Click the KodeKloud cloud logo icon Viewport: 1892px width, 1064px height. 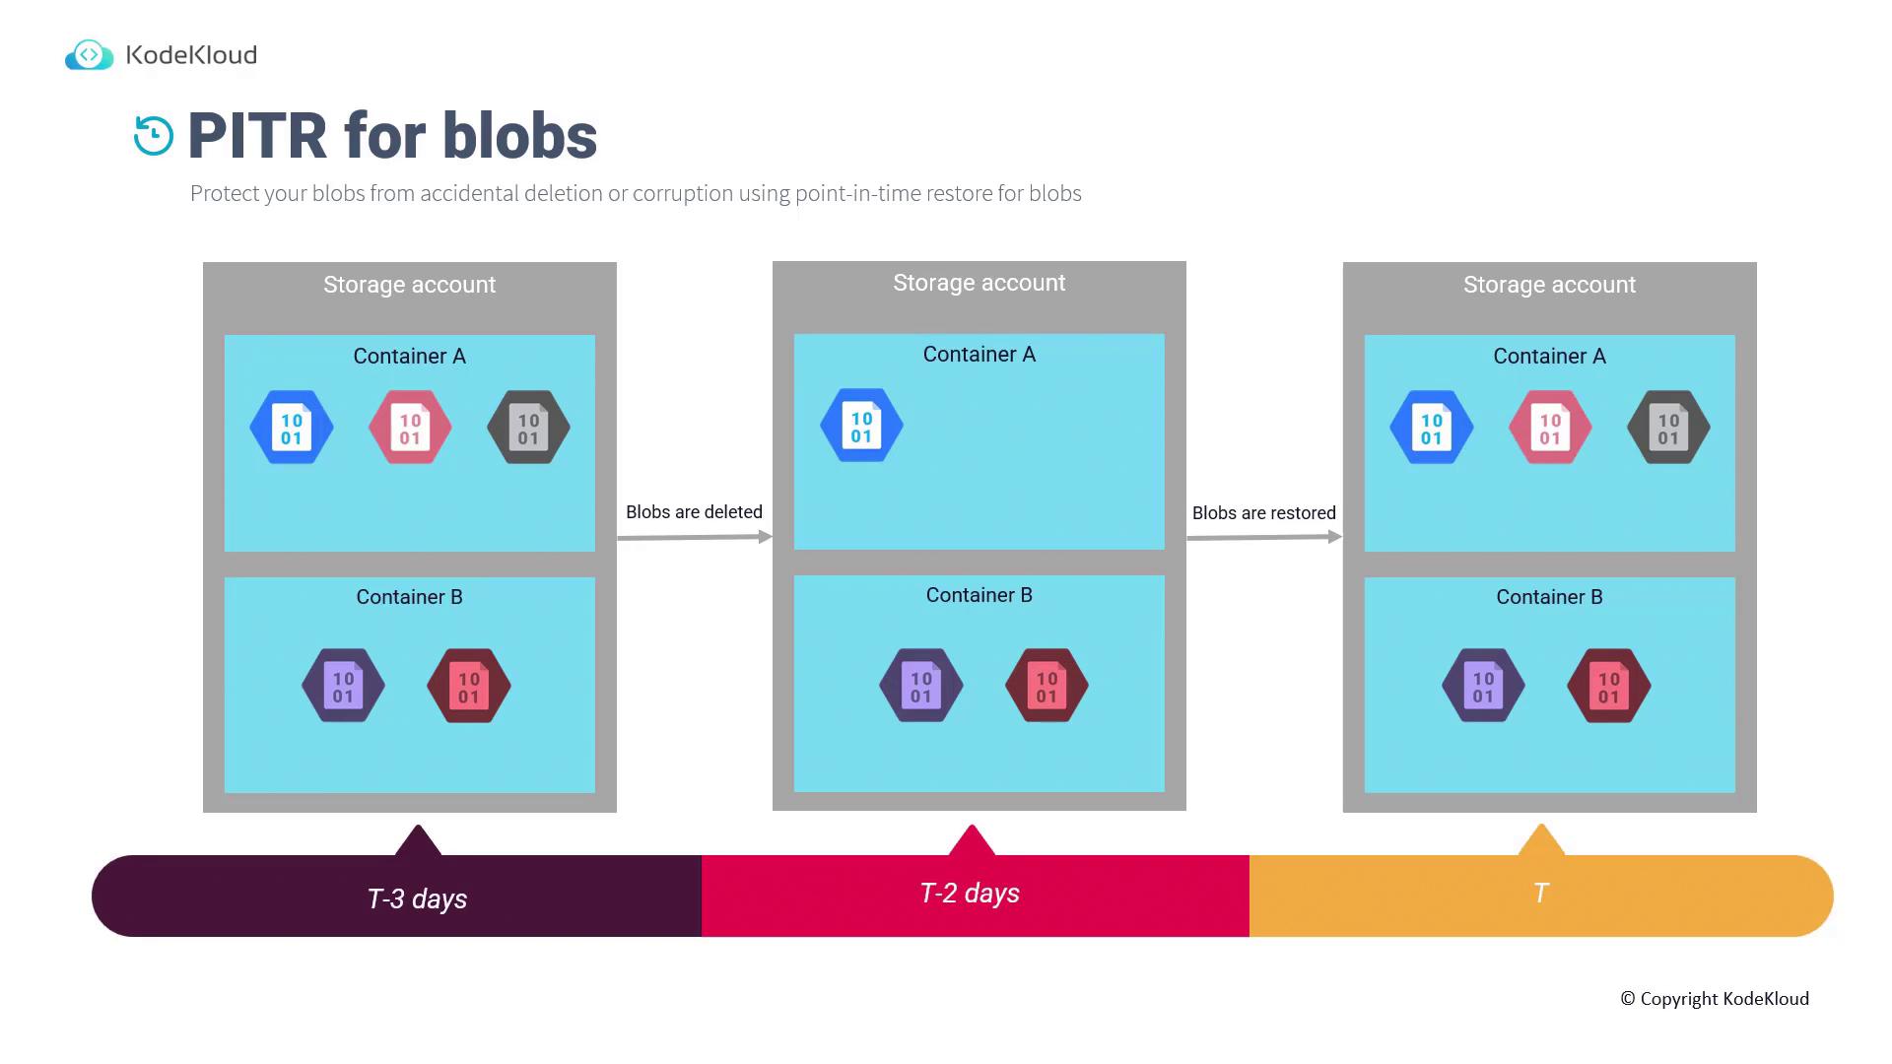[89, 55]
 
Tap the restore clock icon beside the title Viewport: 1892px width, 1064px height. [154, 136]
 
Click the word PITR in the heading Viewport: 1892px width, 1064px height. [257, 136]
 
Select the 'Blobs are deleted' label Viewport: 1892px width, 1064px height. [694, 512]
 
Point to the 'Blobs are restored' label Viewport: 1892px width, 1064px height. [1264, 513]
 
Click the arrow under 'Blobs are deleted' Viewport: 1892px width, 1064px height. [695, 537]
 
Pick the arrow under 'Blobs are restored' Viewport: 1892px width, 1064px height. [1264, 537]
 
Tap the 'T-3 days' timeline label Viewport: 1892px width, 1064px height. [417, 898]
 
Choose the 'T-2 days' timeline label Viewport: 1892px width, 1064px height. [970, 893]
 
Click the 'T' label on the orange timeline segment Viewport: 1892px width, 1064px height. [1541, 893]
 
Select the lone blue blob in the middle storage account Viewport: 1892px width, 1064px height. [861, 426]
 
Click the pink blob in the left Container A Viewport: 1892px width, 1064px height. [410, 428]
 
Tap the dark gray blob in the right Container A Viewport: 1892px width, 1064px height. [1668, 428]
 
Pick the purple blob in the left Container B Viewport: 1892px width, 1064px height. [343, 686]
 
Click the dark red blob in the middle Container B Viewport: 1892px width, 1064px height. [1047, 686]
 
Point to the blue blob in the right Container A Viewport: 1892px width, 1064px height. [1432, 428]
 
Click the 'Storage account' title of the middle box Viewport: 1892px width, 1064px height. [980, 283]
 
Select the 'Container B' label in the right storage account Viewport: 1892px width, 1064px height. [1549, 597]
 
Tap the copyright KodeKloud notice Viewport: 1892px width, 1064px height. [1715, 999]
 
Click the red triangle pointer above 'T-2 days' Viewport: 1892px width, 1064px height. [972, 840]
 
